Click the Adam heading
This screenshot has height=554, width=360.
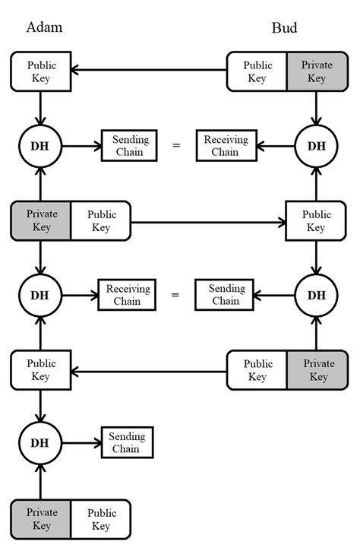tap(44, 28)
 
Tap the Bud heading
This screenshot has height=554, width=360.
tap(285, 28)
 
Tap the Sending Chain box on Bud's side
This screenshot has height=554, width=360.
tap(226, 294)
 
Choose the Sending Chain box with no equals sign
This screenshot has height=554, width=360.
tap(128, 443)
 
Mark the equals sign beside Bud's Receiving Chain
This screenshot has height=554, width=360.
tap(176, 145)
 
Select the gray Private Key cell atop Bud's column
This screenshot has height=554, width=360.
tap(317, 71)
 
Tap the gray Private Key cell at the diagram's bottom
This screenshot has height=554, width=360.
tap(41, 518)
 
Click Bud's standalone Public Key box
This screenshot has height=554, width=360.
tap(317, 220)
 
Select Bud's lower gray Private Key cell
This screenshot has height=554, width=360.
tap(317, 369)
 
